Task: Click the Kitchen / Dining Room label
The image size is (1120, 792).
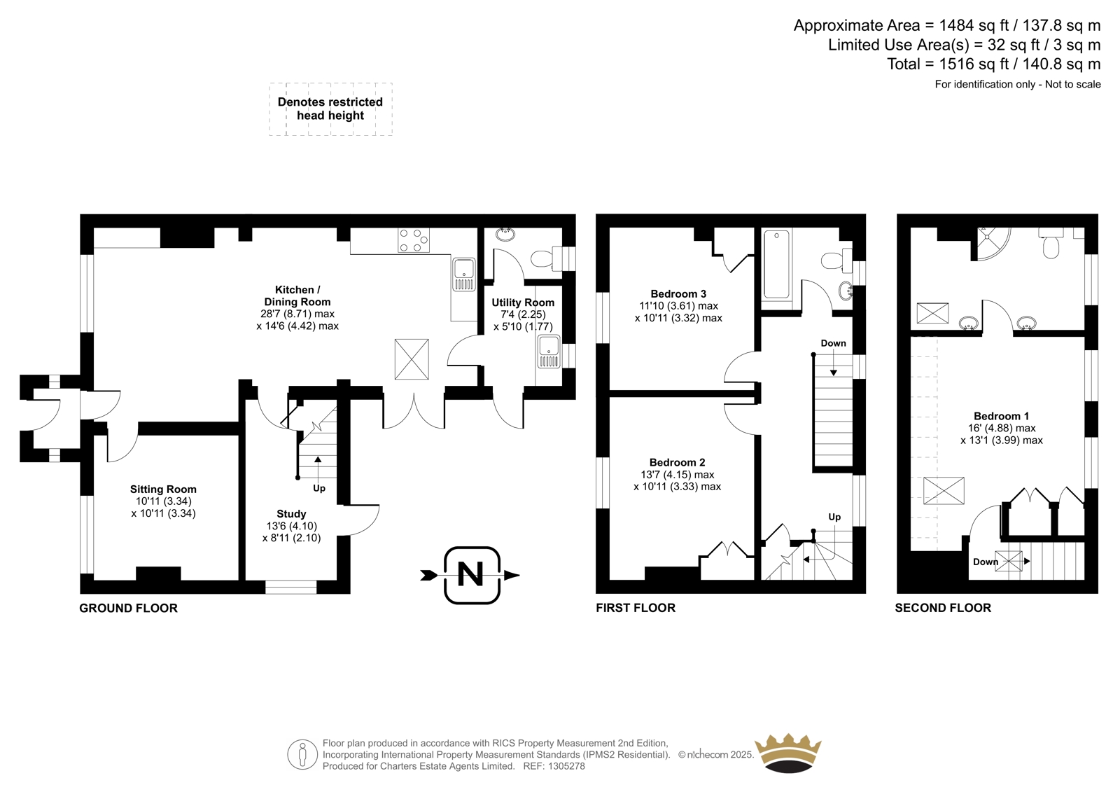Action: point(297,296)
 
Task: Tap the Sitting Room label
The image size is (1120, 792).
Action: point(164,489)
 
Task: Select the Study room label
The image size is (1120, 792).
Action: point(291,514)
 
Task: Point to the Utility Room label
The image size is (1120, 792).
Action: point(523,303)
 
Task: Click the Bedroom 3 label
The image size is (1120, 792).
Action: point(678,293)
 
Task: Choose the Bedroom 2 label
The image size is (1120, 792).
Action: point(678,462)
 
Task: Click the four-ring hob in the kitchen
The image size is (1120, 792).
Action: point(414,240)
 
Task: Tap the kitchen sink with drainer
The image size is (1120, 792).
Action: point(465,275)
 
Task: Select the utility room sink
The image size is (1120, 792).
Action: point(549,352)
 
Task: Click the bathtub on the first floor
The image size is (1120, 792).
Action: point(776,264)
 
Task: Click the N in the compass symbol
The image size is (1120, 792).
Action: point(470,574)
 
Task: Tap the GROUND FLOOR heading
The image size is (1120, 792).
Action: point(129,608)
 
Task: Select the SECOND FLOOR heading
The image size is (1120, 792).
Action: point(943,607)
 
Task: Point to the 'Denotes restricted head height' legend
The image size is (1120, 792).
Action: point(330,109)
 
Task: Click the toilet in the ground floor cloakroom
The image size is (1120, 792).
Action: point(542,258)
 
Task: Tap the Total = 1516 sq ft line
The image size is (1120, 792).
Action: point(994,64)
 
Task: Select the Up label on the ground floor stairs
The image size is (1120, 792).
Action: point(319,488)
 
